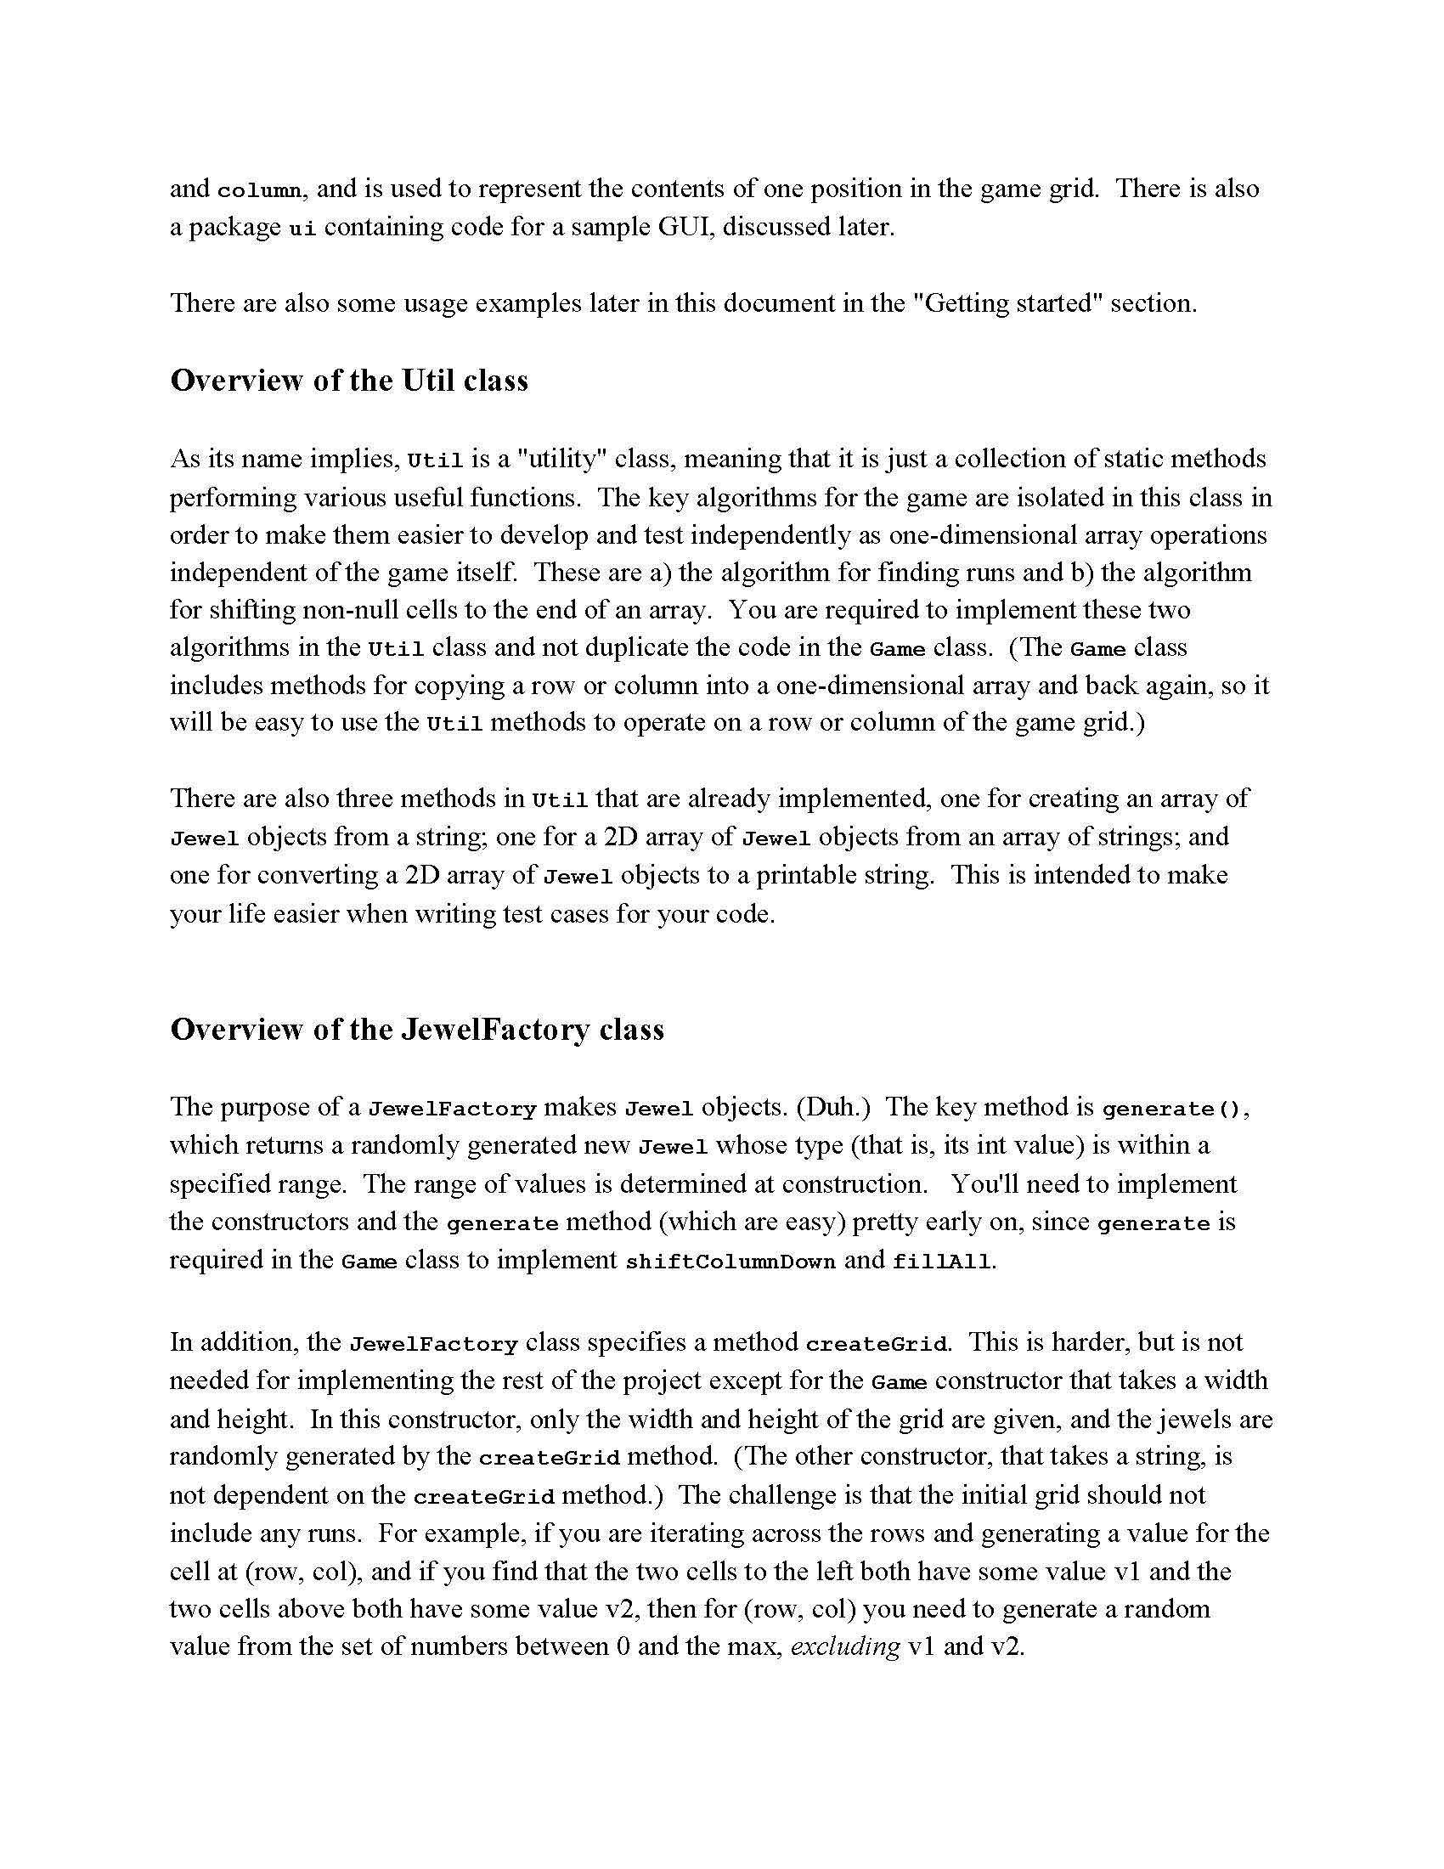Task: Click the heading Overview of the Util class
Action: (349, 381)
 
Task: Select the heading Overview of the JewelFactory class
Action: (416, 1029)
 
